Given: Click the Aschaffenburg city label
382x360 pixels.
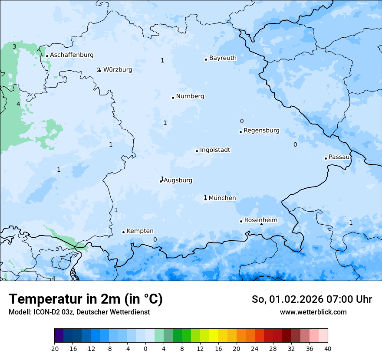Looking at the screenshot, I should [x=72, y=55].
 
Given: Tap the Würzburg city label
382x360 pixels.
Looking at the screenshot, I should [x=118, y=70].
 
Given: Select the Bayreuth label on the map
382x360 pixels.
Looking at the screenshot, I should [x=223, y=58].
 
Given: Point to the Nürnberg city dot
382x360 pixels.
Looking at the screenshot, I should [x=173, y=98].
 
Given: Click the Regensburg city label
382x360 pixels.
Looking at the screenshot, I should [x=261, y=131].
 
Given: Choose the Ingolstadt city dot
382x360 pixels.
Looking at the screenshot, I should [x=197, y=151].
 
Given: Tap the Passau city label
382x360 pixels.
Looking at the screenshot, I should [x=339, y=157].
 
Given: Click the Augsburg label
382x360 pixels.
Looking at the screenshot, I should [x=178, y=180].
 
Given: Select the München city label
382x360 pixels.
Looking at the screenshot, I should [x=222, y=198].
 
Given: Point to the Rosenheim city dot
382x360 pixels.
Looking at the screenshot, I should [x=241, y=221].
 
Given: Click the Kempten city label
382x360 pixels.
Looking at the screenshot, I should [x=140, y=231].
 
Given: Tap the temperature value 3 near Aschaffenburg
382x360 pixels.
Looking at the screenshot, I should [x=14, y=46].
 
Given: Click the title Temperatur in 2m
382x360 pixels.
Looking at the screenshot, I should [x=86, y=299].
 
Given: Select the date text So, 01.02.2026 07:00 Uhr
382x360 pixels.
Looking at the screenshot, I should [x=312, y=299].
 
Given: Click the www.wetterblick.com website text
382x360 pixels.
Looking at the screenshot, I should [x=313, y=312].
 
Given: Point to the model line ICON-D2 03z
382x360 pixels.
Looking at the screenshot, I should [x=79, y=312].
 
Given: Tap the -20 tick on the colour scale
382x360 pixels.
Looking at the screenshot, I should [x=54, y=348].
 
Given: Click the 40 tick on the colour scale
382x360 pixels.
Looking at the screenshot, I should [x=328, y=348].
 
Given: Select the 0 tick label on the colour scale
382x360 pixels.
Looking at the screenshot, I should [x=145, y=348].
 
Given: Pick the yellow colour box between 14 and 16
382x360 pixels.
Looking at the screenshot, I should [x=214, y=336].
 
